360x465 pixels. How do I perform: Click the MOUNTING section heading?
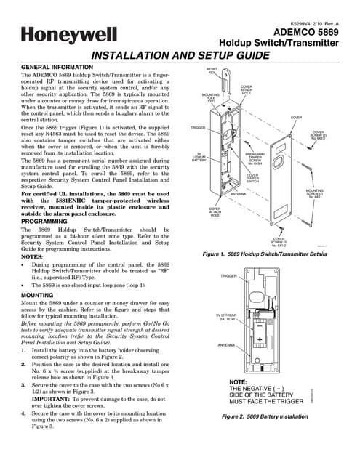pos(37,296)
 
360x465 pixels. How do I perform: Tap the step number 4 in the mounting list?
pos(24,414)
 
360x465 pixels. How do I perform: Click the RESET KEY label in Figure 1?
pos(212,70)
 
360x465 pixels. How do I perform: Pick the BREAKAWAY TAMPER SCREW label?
pos(255,159)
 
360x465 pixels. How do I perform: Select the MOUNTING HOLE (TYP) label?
pos(210,98)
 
